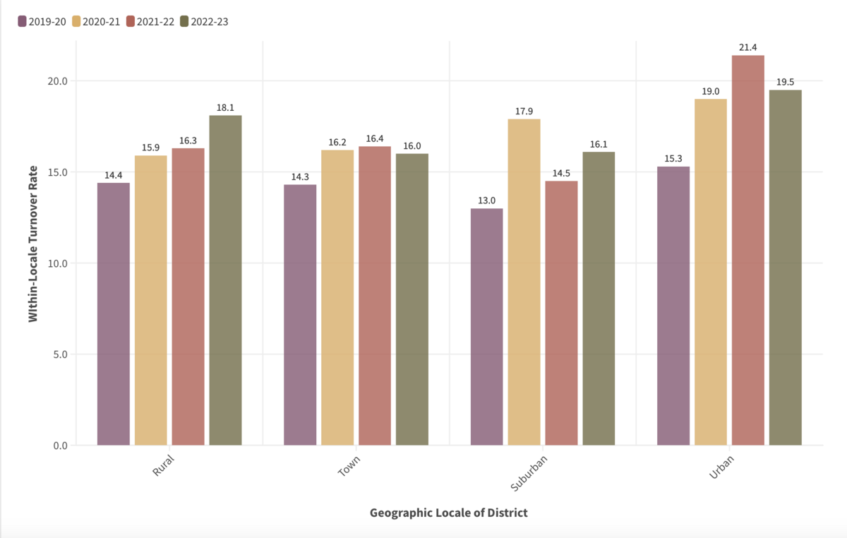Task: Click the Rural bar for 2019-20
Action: pyautogui.click(x=114, y=314)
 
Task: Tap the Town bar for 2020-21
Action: pyautogui.click(x=337, y=297)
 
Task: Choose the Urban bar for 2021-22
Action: pyautogui.click(x=748, y=250)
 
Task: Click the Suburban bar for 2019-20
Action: pyautogui.click(x=486, y=327)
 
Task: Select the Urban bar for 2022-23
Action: pyautogui.click(x=785, y=268)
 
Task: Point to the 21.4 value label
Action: pyautogui.click(x=748, y=47)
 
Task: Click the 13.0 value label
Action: pyautogui.click(x=486, y=201)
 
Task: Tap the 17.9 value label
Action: pyautogui.click(x=524, y=111)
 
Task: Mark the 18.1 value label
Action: pyautogui.click(x=225, y=107)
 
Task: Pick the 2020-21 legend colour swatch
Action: pyautogui.click(x=76, y=21)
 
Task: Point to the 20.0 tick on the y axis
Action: pyautogui.click(x=58, y=80)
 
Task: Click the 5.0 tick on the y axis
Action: pyautogui.click(x=60, y=354)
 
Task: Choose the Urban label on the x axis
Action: pyautogui.click(x=719, y=470)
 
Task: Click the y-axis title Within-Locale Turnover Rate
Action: pyautogui.click(x=33, y=244)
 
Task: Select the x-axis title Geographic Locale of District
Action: pyautogui.click(x=448, y=513)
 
